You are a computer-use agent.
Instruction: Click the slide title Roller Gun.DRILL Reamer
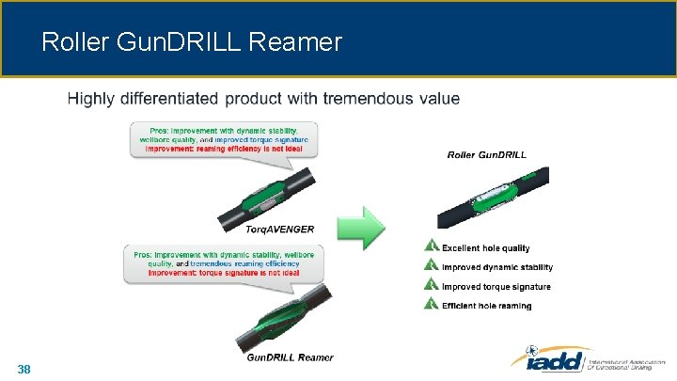point(192,42)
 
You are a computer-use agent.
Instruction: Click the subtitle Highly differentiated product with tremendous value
point(263,98)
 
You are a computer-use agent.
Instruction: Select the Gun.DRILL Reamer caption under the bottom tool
point(290,357)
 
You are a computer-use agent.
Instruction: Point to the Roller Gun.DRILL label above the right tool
point(486,154)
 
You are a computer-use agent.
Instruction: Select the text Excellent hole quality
point(485,248)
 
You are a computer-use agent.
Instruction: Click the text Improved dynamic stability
point(496,267)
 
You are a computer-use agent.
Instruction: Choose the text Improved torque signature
point(496,286)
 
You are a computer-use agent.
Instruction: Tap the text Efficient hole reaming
point(486,306)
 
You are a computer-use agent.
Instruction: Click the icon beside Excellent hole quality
point(432,246)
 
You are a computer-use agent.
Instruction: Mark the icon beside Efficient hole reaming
point(432,304)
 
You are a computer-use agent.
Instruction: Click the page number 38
point(24,370)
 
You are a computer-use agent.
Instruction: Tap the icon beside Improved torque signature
point(432,285)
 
